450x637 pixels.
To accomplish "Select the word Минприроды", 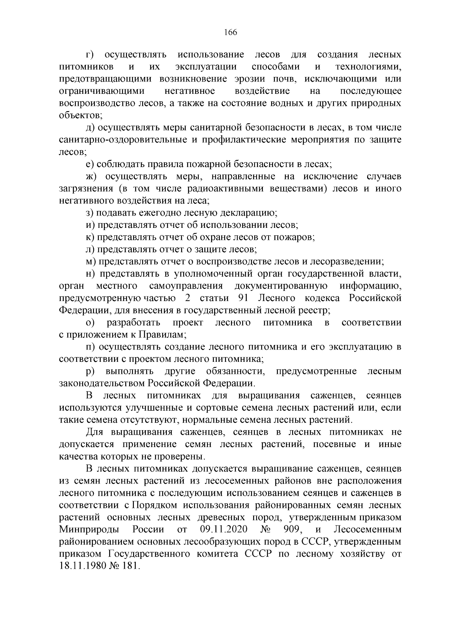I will tap(89, 529).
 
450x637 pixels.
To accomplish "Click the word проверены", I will tap(185, 456).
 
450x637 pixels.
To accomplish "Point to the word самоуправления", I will tap(186, 286).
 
